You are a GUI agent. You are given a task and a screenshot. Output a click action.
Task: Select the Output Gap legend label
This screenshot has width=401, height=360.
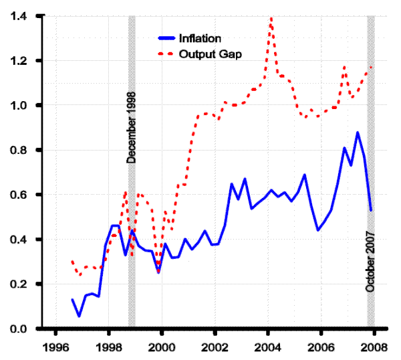[x=210, y=53]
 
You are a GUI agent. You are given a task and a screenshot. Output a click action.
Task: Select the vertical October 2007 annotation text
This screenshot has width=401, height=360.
[x=370, y=261]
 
